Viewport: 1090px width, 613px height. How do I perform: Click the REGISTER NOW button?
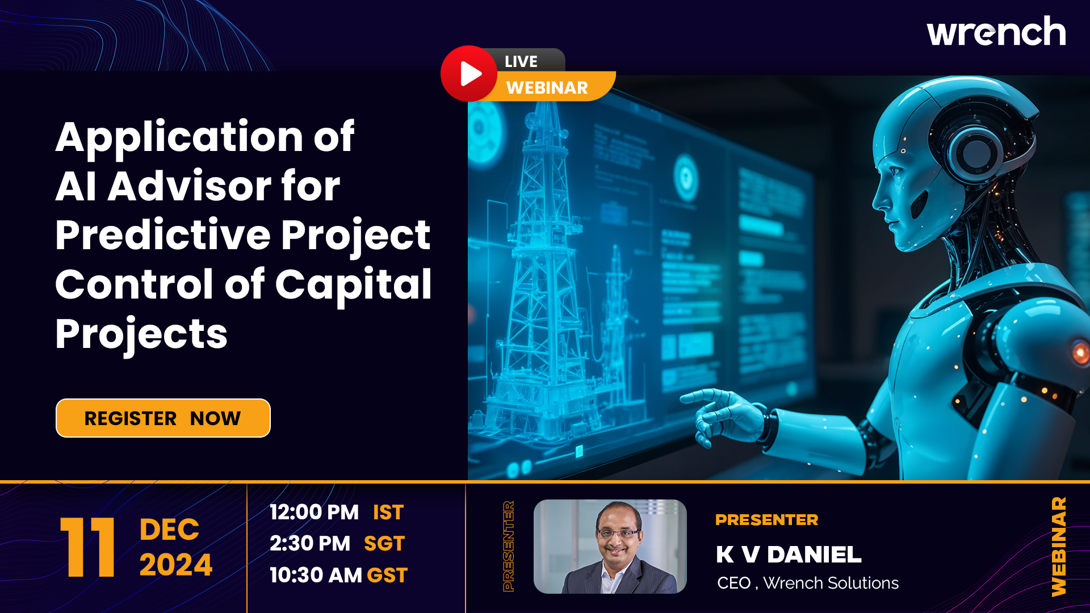(x=163, y=418)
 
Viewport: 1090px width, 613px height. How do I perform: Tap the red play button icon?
(x=469, y=74)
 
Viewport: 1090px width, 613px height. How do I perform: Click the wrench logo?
(x=996, y=31)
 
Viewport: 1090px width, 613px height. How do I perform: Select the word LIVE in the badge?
(x=521, y=61)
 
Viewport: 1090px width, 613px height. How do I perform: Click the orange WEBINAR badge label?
(x=547, y=87)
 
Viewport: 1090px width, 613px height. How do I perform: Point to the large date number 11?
(x=87, y=547)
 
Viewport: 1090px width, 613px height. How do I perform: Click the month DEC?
(x=169, y=530)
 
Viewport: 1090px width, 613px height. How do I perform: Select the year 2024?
(x=176, y=565)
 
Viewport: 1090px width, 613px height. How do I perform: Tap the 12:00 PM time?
(x=314, y=512)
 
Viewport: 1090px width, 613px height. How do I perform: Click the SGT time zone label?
(x=384, y=544)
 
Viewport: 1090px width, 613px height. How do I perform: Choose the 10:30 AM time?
(x=316, y=575)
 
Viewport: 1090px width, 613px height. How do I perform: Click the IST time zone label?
(x=388, y=512)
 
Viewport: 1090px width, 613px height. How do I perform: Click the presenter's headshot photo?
(x=610, y=547)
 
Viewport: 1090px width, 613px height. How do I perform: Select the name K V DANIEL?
(x=789, y=555)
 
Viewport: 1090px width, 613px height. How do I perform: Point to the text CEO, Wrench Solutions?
(x=808, y=583)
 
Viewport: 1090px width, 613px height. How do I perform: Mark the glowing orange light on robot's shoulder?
(x=1080, y=353)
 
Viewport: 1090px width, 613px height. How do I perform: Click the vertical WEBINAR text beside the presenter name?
(x=1059, y=547)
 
